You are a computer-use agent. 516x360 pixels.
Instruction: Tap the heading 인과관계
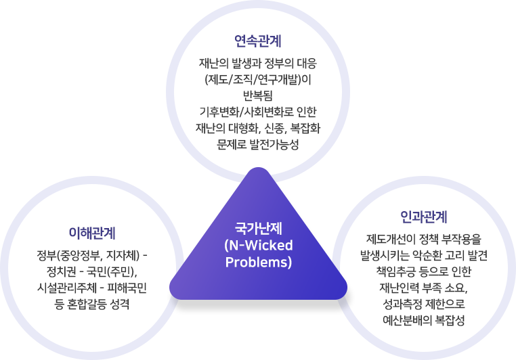point(423,217)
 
